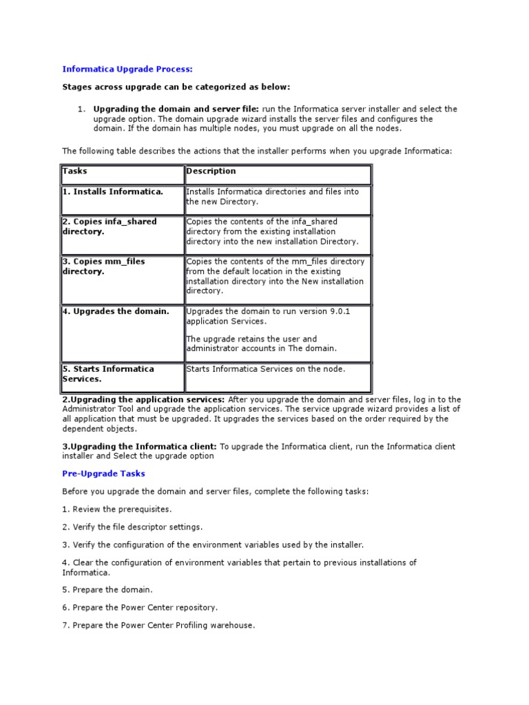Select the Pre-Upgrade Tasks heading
(103, 474)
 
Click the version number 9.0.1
(339, 311)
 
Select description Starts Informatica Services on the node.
(266, 369)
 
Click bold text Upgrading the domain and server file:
(176, 109)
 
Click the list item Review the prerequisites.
(117, 509)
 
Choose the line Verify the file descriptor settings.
(132, 527)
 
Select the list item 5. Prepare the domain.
(107, 590)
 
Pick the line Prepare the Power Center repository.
(140, 608)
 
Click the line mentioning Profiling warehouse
(158, 626)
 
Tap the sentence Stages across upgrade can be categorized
(176, 87)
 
